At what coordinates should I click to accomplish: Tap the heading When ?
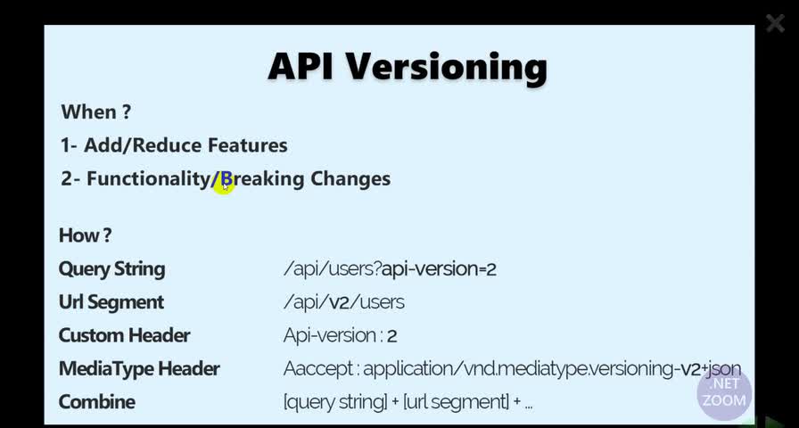(95, 111)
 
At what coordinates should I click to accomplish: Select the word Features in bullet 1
(248, 145)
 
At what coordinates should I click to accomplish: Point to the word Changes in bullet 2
(350, 179)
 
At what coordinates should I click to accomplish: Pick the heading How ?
(85, 235)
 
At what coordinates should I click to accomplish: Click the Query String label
(111, 269)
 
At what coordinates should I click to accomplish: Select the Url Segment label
(111, 302)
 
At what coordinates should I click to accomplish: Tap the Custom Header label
(124, 335)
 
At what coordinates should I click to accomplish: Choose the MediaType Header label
(139, 369)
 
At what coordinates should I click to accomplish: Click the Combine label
(97, 401)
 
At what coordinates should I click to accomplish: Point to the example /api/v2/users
(344, 302)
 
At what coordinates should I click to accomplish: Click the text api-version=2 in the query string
(439, 269)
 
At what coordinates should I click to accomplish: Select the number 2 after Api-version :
(391, 336)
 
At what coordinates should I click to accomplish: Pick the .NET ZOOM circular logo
(724, 393)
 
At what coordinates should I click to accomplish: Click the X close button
(775, 23)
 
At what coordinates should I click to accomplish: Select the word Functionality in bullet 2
(148, 179)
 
